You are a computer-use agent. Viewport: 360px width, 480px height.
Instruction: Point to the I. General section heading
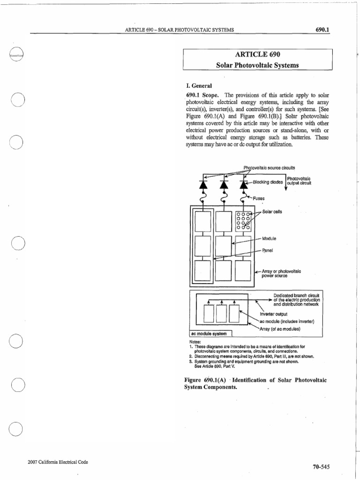coord(200,86)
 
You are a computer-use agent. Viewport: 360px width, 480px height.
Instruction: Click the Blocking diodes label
coord(268,183)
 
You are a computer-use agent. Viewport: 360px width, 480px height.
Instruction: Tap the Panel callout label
coord(268,250)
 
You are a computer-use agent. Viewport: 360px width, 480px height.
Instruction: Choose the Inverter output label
coord(273,314)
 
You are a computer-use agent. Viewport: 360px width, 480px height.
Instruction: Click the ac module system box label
coord(210,334)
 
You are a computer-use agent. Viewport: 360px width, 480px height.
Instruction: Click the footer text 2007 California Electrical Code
coord(59,462)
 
